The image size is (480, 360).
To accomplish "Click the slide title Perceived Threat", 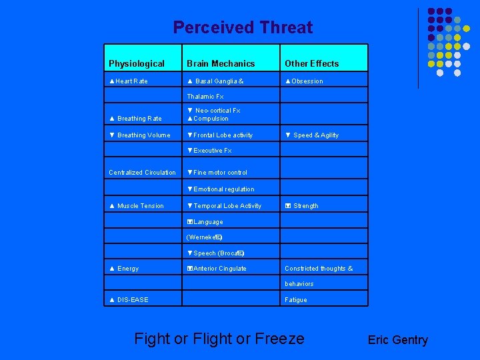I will click(243, 28).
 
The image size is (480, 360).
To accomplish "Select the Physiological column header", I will click(136, 64).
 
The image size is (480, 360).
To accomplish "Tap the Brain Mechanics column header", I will click(220, 64).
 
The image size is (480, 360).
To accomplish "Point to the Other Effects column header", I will click(311, 64).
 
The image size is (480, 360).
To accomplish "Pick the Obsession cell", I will click(304, 81).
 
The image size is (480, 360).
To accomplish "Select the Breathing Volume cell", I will click(140, 135).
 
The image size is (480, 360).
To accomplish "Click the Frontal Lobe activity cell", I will click(220, 135).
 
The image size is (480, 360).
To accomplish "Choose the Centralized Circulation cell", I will click(142, 173).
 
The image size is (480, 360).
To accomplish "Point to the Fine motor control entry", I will click(217, 173).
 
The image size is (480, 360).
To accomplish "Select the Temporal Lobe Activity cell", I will click(224, 206).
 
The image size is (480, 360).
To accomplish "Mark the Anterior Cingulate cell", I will click(217, 269).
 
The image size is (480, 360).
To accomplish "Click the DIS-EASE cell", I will click(129, 300).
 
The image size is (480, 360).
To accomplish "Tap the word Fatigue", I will click(296, 300).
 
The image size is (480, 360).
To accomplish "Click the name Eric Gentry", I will click(397, 340).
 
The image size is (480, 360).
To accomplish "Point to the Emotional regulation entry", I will click(221, 189).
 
